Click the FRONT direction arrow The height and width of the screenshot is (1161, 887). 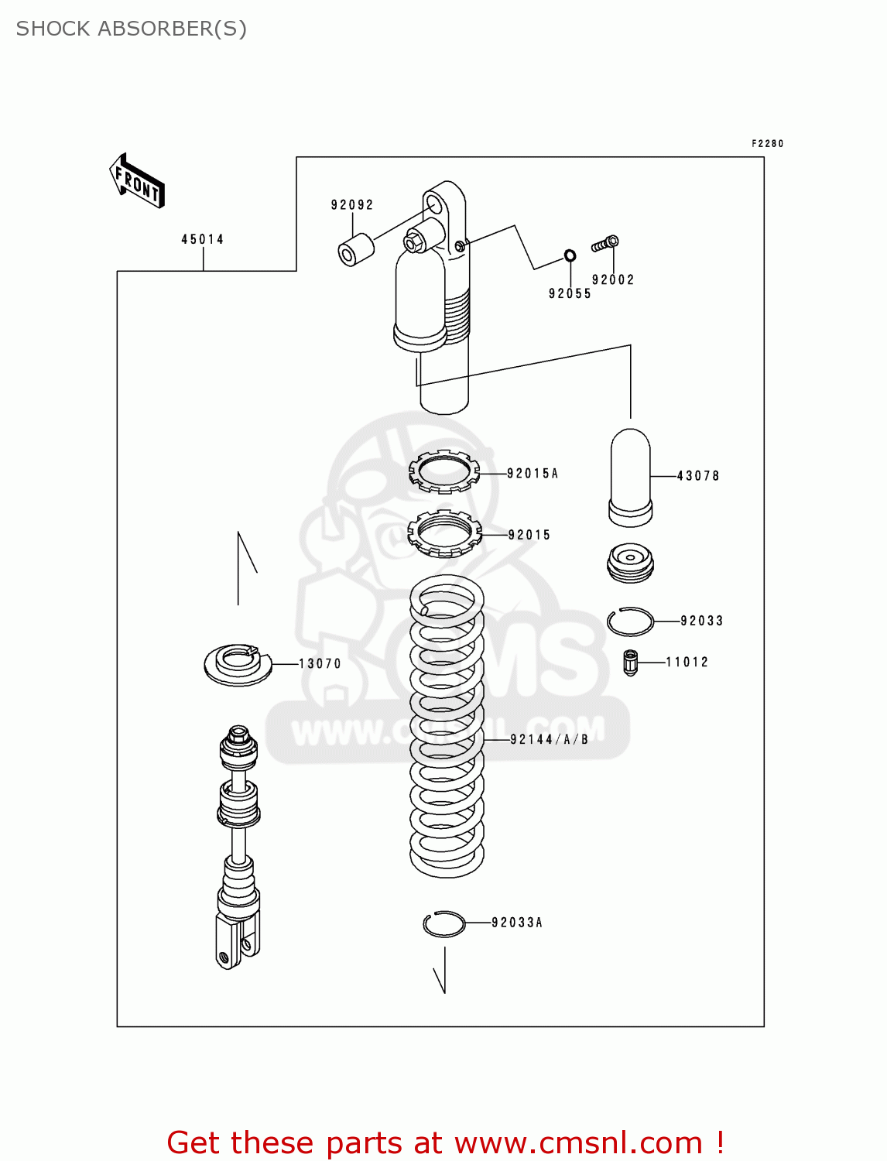[137, 180]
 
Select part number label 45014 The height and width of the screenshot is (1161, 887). [203, 239]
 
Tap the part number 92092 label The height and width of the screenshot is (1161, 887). [352, 205]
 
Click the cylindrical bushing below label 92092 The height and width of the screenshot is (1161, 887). [355, 251]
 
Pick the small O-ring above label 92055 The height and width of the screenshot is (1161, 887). [570, 255]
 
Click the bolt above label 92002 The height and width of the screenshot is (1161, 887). [605, 244]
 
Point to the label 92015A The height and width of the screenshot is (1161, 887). [533, 473]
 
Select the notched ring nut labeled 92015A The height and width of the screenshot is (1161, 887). [443, 471]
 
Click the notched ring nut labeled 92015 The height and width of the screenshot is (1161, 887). [444, 533]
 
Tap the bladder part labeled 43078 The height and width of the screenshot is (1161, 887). [631, 476]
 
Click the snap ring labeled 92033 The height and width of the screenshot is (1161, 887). [630, 622]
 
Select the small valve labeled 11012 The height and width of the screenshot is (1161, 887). [630, 663]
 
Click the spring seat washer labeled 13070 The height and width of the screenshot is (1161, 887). [238, 664]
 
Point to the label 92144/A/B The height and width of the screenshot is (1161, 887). [550, 739]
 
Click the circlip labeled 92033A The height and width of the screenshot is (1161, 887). [444, 923]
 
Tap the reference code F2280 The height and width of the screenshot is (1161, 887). [767, 144]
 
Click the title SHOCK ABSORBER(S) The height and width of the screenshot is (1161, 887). [132, 29]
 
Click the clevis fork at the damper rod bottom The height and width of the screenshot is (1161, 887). [236, 940]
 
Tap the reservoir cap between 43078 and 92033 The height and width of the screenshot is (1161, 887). [630, 563]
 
